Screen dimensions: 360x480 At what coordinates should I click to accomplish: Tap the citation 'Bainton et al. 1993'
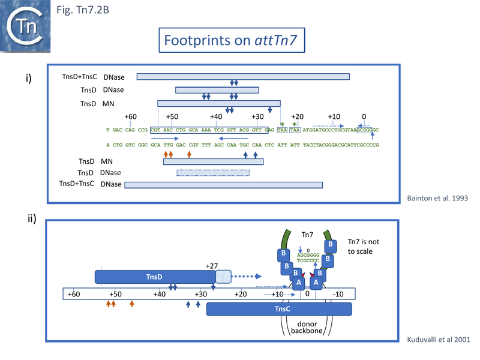tap(442, 198)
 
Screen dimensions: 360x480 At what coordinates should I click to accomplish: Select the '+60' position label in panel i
tap(131, 116)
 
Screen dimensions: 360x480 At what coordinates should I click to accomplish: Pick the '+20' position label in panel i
tap(297, 116)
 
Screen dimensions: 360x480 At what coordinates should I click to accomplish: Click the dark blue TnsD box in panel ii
tap(155, 277)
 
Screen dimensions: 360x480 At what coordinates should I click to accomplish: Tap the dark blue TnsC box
tap(279, 309)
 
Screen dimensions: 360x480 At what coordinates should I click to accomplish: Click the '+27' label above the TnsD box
tap(212, 265)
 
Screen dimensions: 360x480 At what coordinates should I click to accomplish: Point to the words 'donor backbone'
tap(307, 326)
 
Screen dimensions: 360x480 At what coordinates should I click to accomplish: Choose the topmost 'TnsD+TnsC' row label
tap(80, 77)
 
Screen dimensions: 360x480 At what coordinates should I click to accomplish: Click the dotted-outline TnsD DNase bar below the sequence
tap(212, 173)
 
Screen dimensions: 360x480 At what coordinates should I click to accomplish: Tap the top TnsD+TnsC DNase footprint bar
tap(243, 77)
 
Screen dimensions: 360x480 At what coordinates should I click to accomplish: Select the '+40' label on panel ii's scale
tap(159, 294)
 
